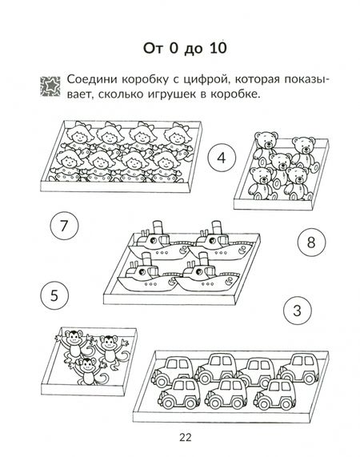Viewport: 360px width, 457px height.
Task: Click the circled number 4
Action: [222, 158]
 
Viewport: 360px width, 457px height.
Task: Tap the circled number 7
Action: [64, 225]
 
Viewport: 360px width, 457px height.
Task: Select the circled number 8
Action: [311, 242]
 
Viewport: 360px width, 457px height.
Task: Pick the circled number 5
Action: [54, 295]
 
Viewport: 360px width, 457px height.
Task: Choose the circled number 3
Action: [297, 311]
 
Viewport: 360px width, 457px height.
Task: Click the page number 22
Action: [186, 437]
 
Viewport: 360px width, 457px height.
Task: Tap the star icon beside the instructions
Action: [50, 86]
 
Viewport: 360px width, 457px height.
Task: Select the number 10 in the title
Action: [218, 48]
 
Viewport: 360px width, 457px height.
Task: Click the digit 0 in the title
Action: [174, 48]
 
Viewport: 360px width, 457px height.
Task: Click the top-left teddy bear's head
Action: [266, 140]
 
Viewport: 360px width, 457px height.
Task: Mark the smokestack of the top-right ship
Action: [217, 227]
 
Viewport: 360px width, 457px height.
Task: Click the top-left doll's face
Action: [78, 136]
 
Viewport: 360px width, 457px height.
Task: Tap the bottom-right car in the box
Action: [275, 393]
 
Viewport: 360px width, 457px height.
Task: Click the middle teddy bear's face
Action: [281, 162]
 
